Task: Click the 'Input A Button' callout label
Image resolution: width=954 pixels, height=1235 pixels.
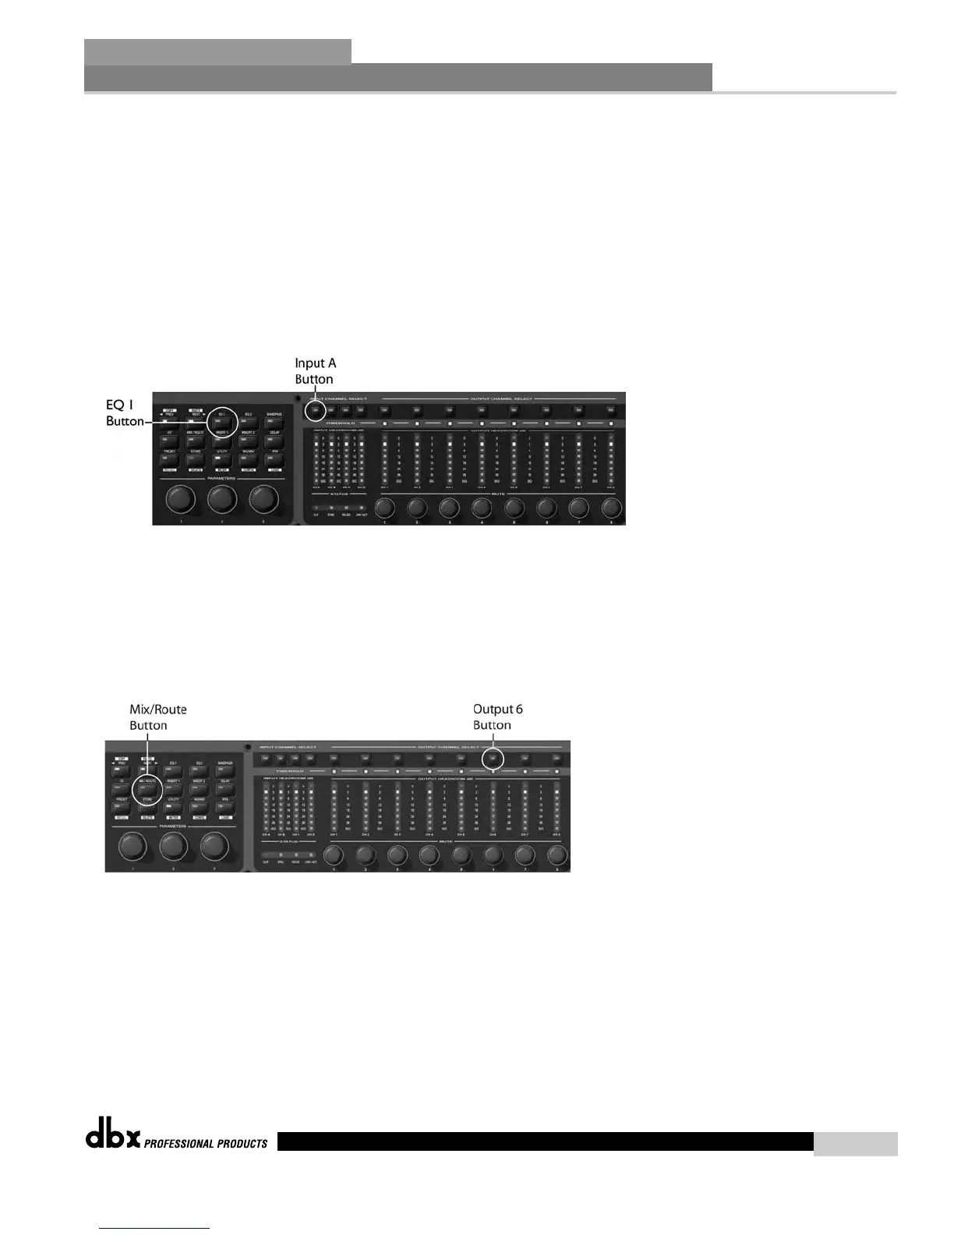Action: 315,371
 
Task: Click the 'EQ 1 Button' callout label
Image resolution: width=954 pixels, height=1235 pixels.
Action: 125,412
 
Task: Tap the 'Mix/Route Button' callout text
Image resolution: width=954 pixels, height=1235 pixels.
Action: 157,717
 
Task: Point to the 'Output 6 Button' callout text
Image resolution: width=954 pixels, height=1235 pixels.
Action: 497,717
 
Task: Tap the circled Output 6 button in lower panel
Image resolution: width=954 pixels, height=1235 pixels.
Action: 493,758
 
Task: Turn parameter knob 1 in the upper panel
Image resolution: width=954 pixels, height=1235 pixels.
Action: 180,498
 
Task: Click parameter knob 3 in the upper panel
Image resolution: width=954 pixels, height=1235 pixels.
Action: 263,498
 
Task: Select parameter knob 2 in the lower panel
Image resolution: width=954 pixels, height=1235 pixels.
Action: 173,846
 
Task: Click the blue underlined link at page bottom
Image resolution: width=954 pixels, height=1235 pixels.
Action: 155,1228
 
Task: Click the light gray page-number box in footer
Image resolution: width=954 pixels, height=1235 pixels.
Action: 855,1144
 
